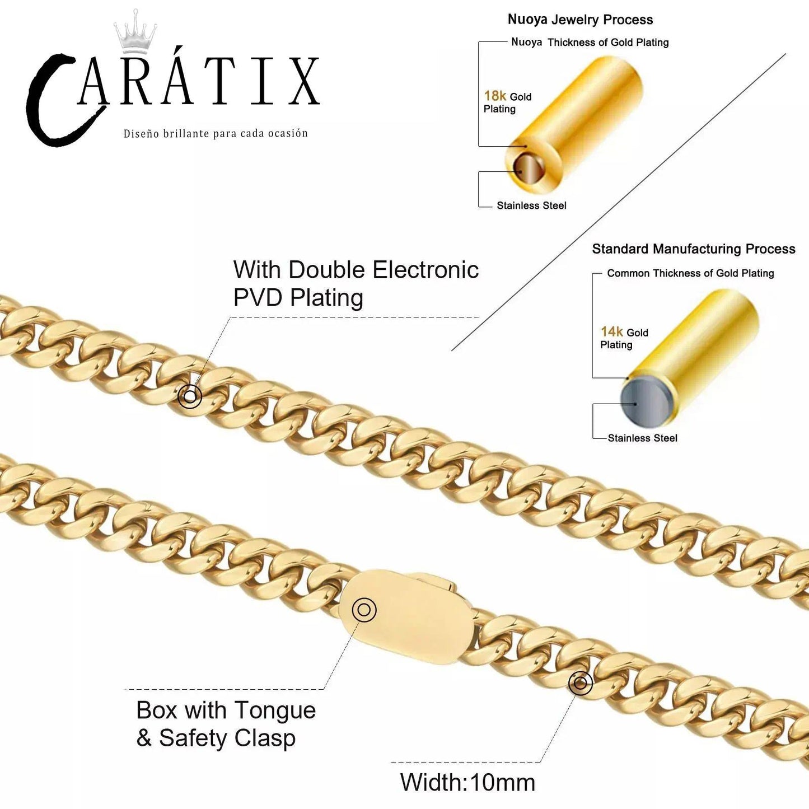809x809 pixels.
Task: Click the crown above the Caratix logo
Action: click(135, 34)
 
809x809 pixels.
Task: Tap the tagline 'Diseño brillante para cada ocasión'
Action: click(216, 133)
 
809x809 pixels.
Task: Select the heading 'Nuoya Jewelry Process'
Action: click(580, 20)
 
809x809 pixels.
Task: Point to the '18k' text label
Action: click(495, 96)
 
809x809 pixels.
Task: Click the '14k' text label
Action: click(611, 331)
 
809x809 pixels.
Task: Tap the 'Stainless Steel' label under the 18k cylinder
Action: click(531, 205)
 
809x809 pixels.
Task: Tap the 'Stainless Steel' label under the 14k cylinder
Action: click(642, 438)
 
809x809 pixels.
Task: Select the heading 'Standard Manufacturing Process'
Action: click(693, 249)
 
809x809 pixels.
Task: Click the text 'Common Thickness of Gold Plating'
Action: click(690, 273)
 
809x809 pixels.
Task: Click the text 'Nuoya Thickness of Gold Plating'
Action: click(590, 43)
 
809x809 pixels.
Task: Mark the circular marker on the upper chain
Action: click(190, 396)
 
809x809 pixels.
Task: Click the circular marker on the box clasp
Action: click(364, 609)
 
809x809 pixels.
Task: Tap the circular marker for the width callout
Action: click(580, 683)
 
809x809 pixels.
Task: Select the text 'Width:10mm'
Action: click(467, 782)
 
